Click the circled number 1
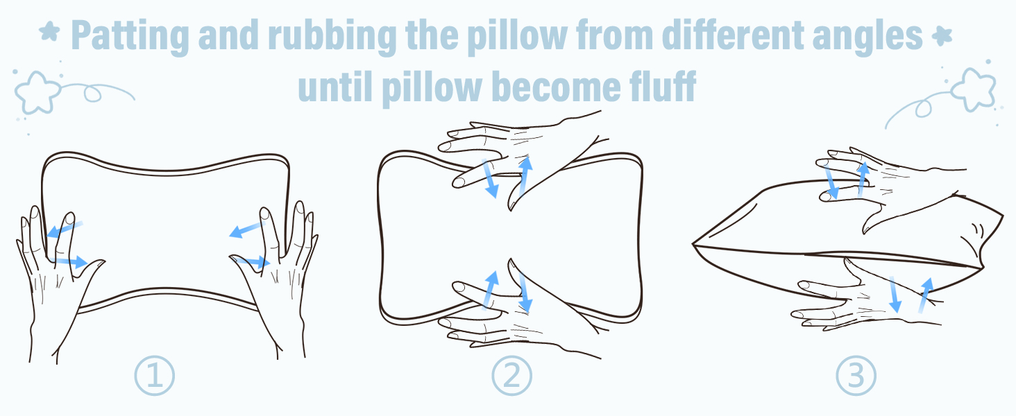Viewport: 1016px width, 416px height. pos(154,376)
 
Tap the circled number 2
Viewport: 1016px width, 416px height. pos(511,376)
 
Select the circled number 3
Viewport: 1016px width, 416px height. pos(856,376)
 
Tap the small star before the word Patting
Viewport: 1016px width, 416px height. pos(49,34)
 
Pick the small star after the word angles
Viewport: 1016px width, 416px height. pos(942,34)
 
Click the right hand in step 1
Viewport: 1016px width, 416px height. pos(278,277)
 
